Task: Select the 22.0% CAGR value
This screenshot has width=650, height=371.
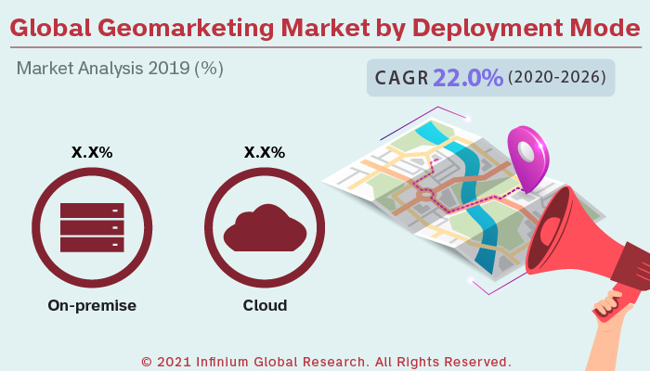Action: click(469, 78)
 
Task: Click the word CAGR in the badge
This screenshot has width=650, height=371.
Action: click(402, 79)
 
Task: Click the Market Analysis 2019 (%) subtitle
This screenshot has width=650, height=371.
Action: click(120, 69)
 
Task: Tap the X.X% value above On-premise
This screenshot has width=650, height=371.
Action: click(92, 152)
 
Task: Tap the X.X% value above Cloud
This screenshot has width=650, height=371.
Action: click(265, 152)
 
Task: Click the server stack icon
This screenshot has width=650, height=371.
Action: click(92, 226)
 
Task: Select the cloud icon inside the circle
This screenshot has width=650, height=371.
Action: click(265, 228)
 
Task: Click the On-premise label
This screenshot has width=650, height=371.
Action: click(92, 305)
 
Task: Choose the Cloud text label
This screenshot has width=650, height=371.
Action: click(265, 305)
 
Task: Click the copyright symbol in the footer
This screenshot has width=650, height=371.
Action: click(146, 361)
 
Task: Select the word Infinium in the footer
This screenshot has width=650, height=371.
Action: click(226, 361)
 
